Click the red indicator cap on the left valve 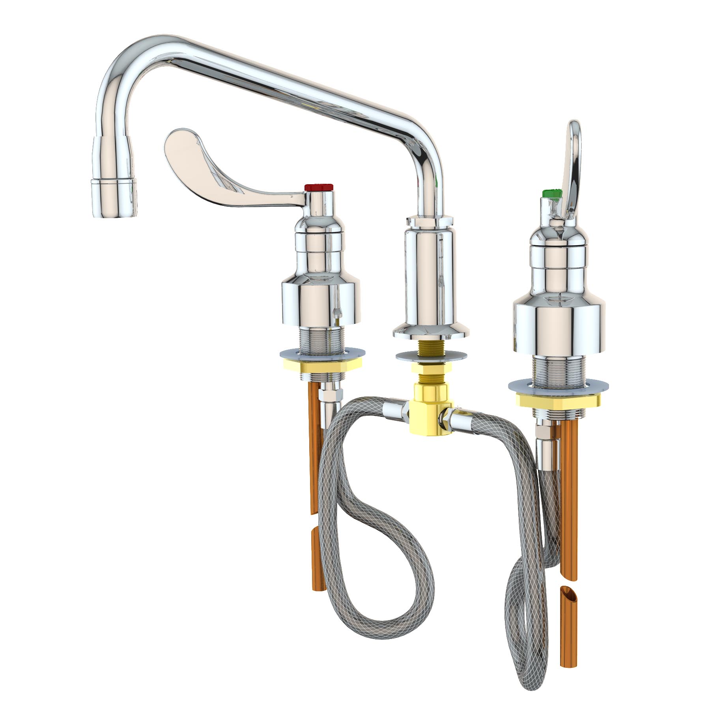pos(319,187)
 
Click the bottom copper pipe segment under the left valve pos(318,564)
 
